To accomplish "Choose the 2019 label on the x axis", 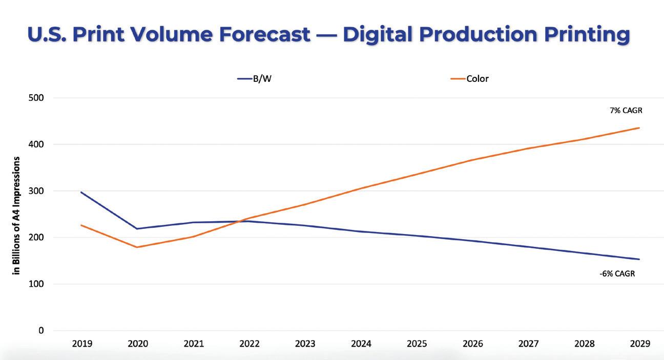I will [81, 344].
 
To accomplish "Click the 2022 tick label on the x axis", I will [249, 344].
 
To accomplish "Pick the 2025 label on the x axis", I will [417, 344].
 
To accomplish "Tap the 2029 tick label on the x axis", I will [639, 344].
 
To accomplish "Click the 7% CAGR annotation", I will [626, 110].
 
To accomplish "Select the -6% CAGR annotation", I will [617, 273].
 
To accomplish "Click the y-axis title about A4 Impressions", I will [17, 216].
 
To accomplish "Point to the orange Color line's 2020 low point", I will [137, 247].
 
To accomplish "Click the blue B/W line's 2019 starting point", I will [81, 192].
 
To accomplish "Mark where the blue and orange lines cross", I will [244, 220].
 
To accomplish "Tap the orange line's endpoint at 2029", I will [639, 128].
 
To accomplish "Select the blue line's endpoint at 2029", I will [639, 259].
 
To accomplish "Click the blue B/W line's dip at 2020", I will [137, 228].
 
